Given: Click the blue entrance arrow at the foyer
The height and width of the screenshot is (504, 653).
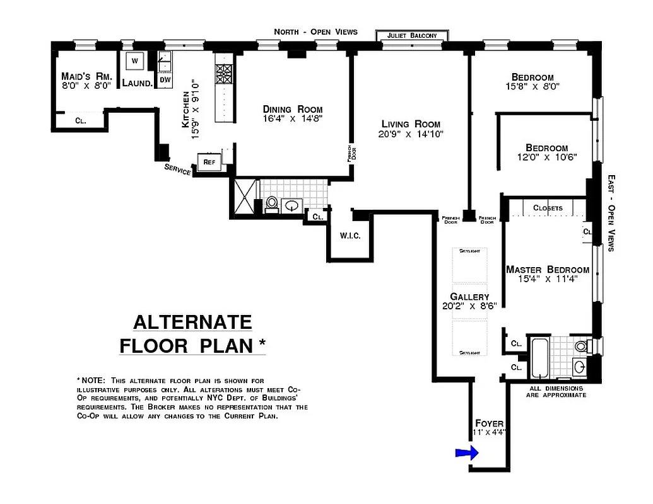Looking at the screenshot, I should (466, 452).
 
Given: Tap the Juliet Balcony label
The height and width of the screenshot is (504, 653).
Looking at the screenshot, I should (411, 36).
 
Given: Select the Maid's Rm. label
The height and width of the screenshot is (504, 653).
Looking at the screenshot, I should (87, 75).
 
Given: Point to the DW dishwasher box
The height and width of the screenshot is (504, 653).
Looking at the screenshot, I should (164, 80).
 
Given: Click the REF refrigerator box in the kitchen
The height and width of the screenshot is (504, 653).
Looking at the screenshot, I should (209, 162).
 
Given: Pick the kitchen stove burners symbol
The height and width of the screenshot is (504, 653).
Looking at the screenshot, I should (224, 75).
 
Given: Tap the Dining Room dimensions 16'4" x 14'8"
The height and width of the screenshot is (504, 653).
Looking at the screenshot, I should (293, 118).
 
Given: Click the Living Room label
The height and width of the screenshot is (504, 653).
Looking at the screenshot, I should (411, 124).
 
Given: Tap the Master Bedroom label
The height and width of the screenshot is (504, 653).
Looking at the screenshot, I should (548, 270).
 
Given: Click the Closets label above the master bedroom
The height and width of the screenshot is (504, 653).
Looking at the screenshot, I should (548, 208).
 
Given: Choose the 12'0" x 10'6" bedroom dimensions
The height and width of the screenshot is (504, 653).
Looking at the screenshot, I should (546, 157).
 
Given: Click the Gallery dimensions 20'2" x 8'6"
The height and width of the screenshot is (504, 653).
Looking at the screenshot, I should (470, 306).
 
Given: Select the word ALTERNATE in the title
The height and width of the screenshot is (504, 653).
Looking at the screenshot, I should (192, 322).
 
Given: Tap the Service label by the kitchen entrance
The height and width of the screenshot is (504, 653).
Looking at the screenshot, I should (177, 169).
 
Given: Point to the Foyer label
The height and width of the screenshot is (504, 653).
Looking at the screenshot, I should (489, 423).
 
